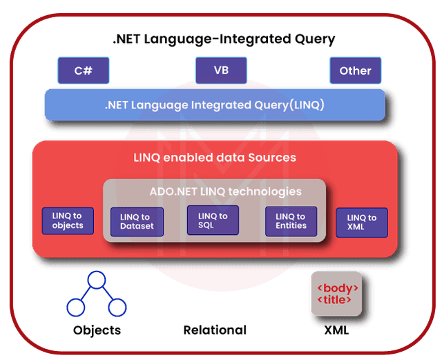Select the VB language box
pyautogui.click(x=221, y=70)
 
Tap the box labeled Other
pyautogui.click(x=355, y=70)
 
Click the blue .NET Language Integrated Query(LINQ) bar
pyautogui.click(x=214, y=106)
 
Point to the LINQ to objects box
pyautogui.click(x=68, y=220)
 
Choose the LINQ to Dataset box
pyautogui.click(x=135, y=221)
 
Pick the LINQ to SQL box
pyautogui.click(x=213, y=220)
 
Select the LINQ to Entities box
pyautogui.click(x=291, y=221)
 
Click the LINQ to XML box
pyautogui.click(x=362, y=222)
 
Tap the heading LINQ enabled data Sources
pyautogui.click(x=214, y=158)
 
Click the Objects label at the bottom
pyautogui.click(x=97, y=330)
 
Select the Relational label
pyautogui.click(x=214, y=330)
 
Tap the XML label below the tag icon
pyautogui.click(x=336, y=330)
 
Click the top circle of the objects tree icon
pyautogui.click(x=96, y=280)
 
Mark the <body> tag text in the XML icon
pyautogui.click(x=337, y=287)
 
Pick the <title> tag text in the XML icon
pyautogui.click(x=337, y=300)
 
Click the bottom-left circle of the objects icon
pyautogui.click(x=75, y=306)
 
